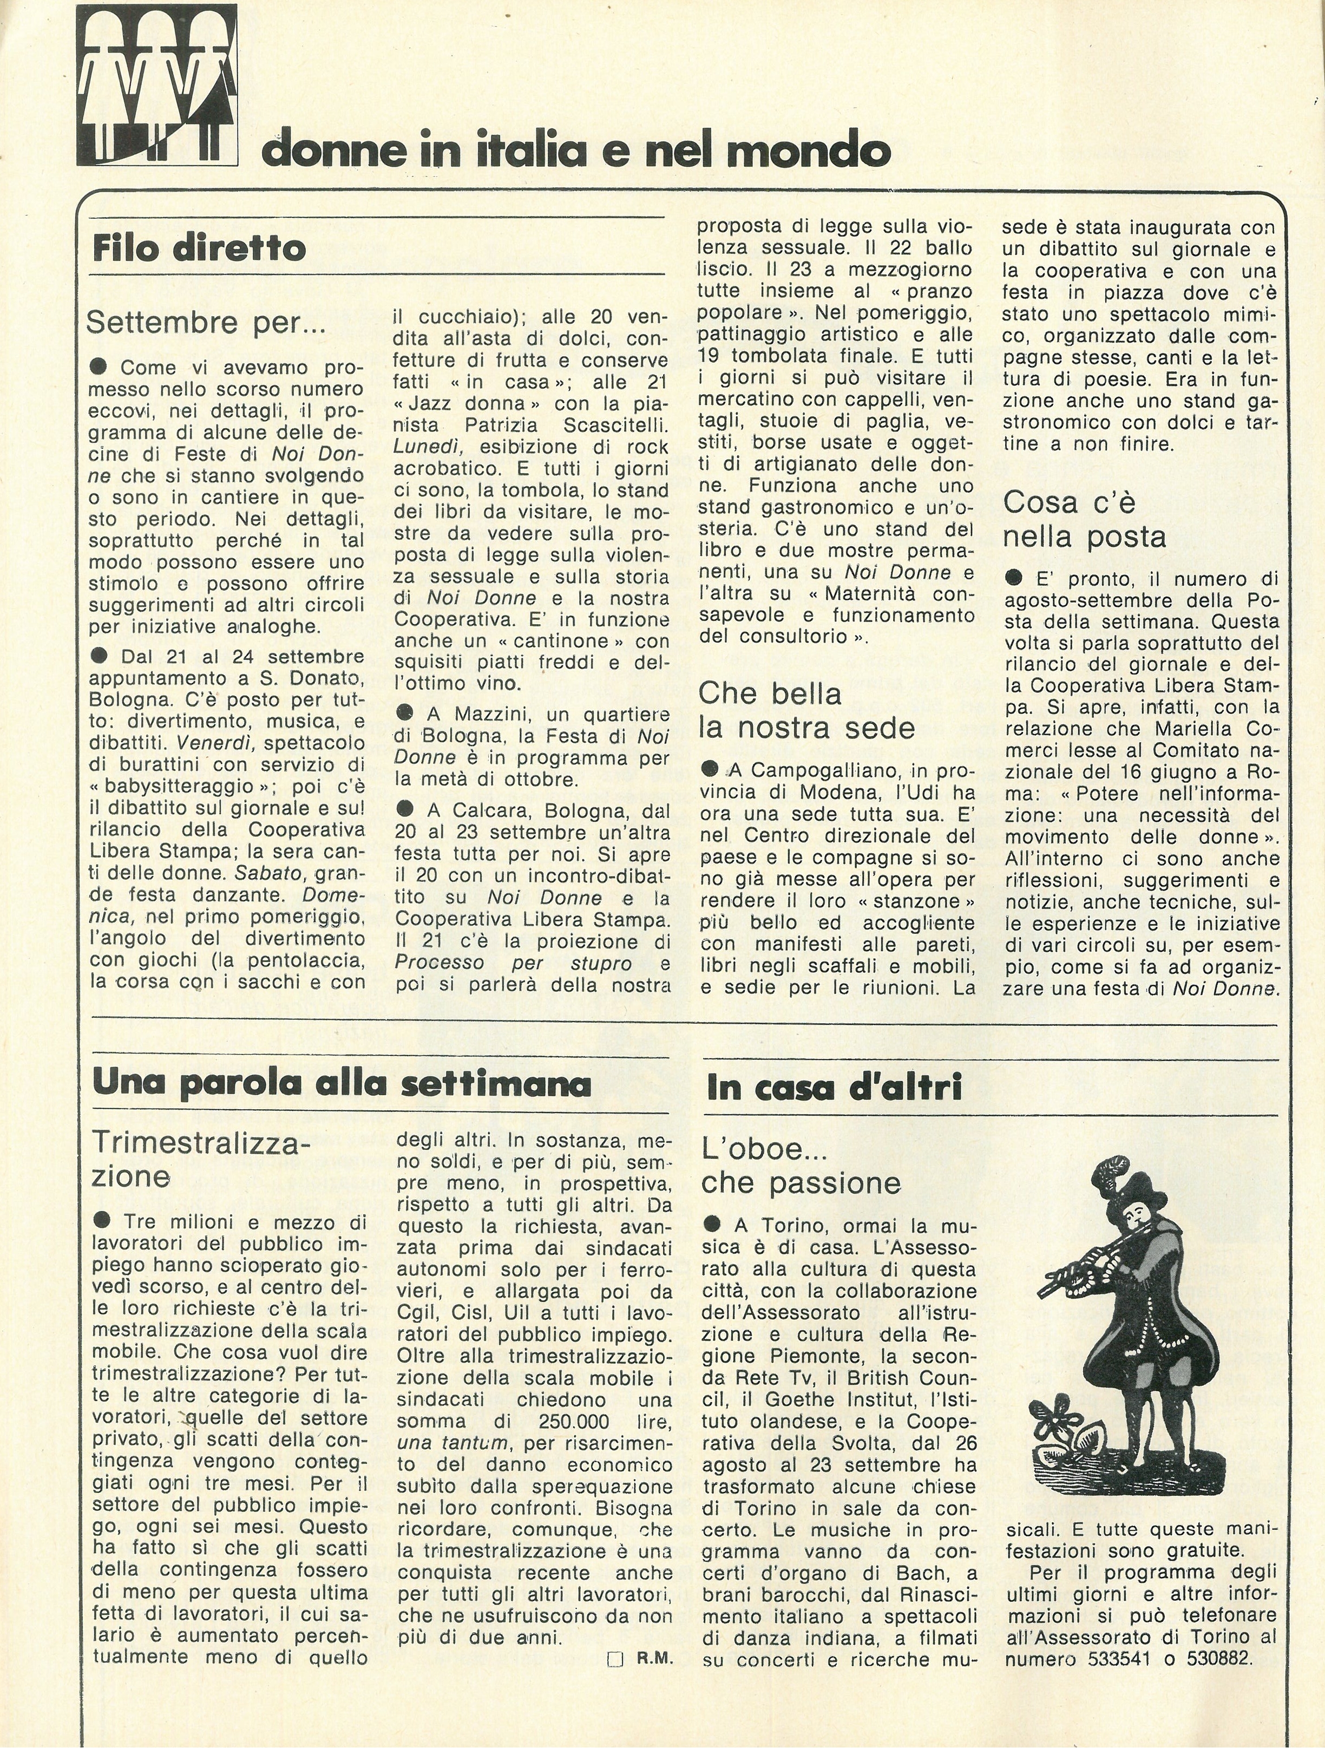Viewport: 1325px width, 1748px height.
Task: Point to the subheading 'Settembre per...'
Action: [x=206, y=323]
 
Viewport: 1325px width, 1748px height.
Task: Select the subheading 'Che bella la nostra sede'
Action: [x=806, y=710]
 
